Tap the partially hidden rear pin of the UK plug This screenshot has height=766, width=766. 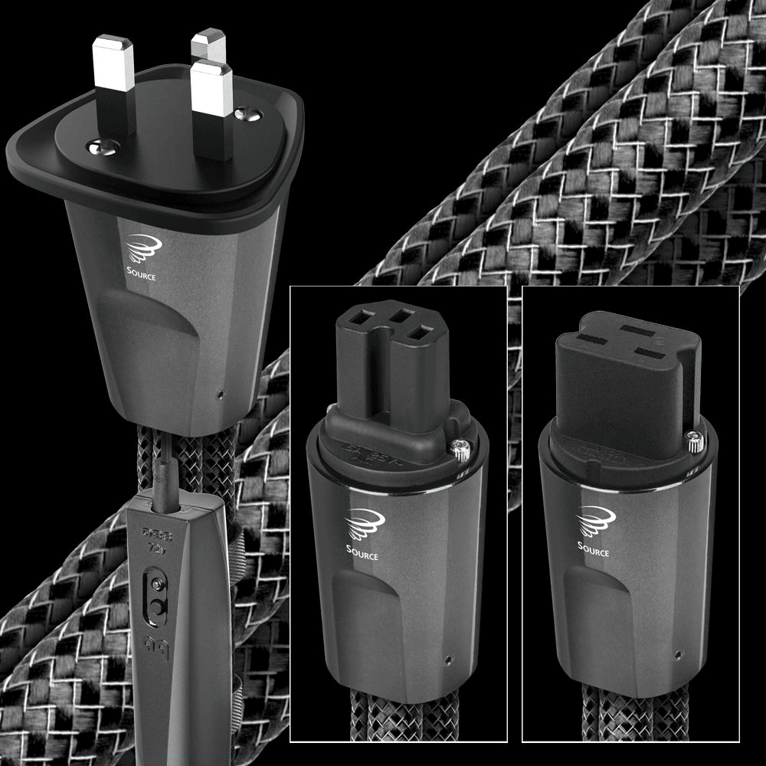(208, 46)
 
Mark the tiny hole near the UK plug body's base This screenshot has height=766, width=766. (221, 395)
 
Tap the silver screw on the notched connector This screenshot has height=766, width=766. (461, 452)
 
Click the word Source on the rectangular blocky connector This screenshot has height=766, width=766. (594, 551)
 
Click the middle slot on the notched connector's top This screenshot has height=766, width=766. (399, 314)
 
